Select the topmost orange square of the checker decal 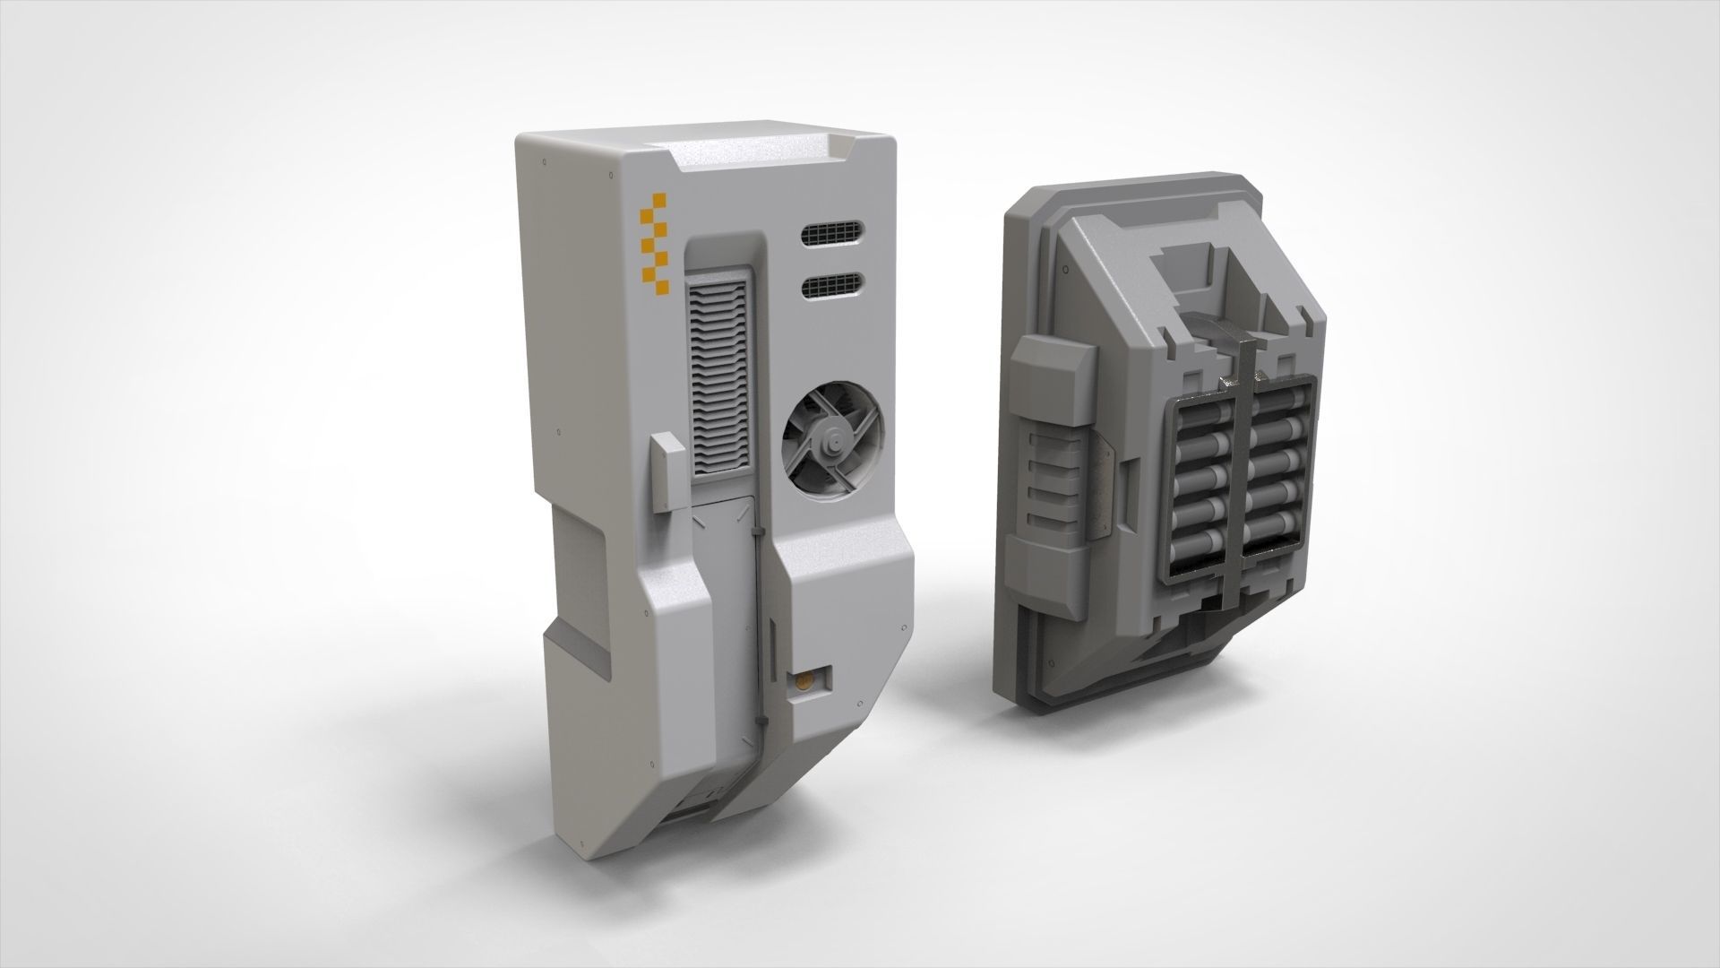661,200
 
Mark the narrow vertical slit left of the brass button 772,644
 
